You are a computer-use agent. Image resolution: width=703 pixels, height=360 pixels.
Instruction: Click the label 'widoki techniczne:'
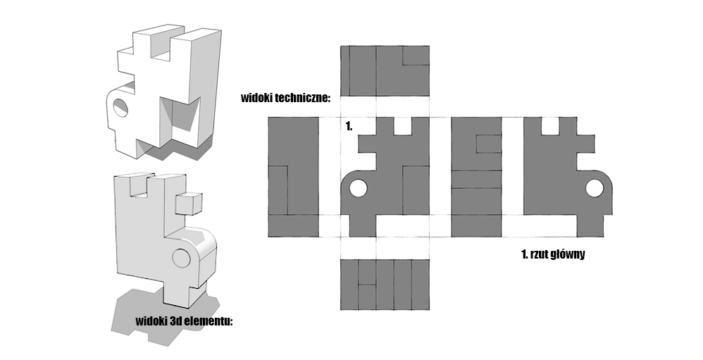(285, 98)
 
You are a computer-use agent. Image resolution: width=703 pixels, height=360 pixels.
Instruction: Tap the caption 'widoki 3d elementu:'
(184, 322)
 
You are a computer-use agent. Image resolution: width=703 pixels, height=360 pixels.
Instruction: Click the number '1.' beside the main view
(348, 126)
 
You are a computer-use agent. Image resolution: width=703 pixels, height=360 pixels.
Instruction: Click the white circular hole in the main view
(358, 189)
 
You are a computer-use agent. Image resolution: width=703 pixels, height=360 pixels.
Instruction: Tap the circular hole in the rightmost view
(594, 188)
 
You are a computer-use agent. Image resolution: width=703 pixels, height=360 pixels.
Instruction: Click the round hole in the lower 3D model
(180, 258)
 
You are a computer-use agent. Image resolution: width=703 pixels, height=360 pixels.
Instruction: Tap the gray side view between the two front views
(477, 176)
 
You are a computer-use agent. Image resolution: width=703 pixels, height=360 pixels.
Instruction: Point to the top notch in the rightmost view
(550, 126)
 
